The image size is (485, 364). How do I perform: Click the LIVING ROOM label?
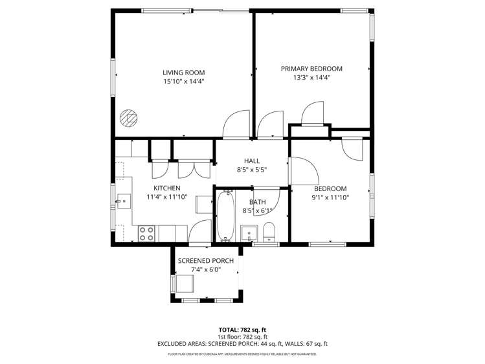(184, 73)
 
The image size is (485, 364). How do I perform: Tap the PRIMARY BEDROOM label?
(311, 69)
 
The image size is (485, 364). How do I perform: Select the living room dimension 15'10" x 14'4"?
(184, 82)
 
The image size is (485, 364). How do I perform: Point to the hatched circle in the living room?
(128, 118)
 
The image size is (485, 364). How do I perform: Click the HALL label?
(251, 161)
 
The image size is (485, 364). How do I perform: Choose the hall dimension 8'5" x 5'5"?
(251, 170)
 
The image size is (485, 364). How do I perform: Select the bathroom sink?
(249, 232)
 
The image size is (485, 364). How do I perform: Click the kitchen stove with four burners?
(146, 233)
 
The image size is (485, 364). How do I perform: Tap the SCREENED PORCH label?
(206, 261)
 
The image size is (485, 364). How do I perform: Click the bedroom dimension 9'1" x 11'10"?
(330, 198)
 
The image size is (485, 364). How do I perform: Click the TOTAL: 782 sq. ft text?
(242, 330)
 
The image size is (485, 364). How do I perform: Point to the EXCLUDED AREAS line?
(242, 344)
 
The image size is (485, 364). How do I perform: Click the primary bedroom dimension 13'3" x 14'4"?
(311, 78)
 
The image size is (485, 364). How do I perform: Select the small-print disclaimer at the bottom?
(242, 354)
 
